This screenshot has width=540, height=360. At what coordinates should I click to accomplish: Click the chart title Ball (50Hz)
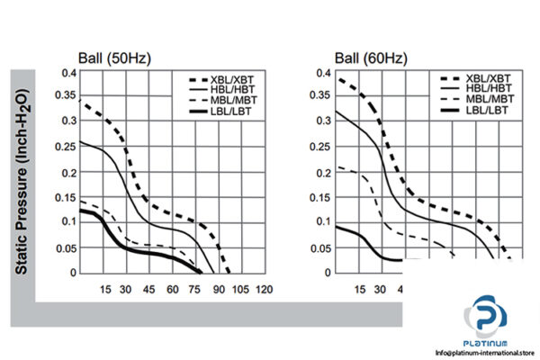click(114, 59)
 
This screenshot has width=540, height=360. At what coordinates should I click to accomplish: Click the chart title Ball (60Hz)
click(369, 59)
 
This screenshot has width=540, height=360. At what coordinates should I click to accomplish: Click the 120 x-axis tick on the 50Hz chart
click(264, 289)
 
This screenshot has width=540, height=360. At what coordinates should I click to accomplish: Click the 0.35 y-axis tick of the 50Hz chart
click(65, 95)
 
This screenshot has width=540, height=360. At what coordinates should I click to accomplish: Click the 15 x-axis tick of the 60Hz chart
click(360, 289)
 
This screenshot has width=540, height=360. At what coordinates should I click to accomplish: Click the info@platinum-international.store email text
click(487, 352)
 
